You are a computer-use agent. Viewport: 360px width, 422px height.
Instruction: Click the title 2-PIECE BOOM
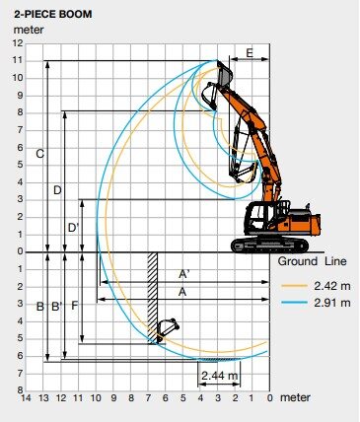pos(52,14)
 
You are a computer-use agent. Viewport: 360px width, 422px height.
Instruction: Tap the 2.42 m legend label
pos(332,286)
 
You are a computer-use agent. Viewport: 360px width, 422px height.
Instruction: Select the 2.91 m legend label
pos(332,303)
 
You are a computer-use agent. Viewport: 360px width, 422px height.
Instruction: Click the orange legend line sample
pos(295,286)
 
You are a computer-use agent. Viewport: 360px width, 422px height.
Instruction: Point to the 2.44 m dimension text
pos(219,375)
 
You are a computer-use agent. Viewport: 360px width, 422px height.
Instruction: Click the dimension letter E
pos(250,53)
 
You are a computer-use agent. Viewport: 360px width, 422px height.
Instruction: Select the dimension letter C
pos(39,154)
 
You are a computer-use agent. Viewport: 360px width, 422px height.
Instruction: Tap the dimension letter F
pos(75,306)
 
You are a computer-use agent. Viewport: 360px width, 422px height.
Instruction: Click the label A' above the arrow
pos(184,274)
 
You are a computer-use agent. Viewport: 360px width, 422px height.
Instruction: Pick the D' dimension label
pos(73,228)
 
